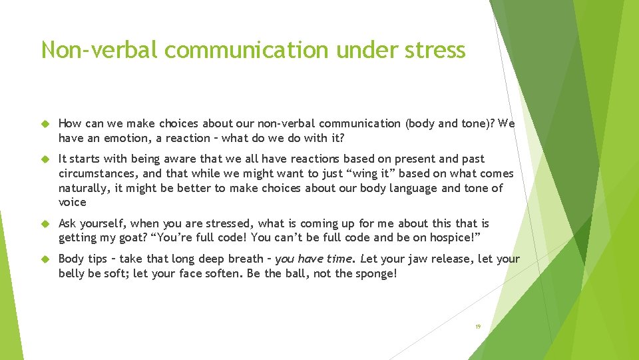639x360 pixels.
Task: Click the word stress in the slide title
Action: coord(433,50)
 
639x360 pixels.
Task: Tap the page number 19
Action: coord(477,327)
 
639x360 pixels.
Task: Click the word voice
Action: coord(73,202)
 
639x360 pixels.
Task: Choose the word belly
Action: coord(73,273)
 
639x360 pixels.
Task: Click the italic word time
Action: coord(339,259)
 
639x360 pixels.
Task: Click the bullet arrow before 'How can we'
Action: coord(46,124)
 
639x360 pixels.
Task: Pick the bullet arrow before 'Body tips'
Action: coord(46,259)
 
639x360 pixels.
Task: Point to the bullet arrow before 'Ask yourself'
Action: coord(46,224)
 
